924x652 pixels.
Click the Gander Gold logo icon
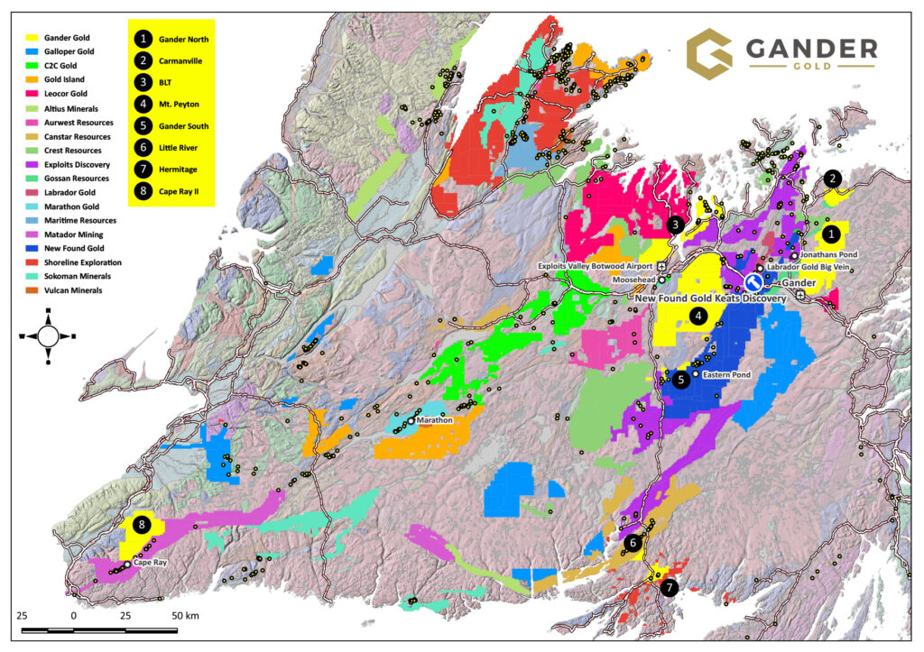click(x=709, y=53)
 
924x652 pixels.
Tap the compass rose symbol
click(x=48, y=335)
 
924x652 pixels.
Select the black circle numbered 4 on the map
click(x=698, y=316)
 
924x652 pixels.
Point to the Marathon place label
click(x=434, y=420)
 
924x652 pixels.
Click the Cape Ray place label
click(x=150, y=563)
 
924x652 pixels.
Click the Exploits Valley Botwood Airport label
click(x=596, y=267)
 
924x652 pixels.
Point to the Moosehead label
click(x=633, y=280)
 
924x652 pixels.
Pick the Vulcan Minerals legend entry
click(x=86, y=290)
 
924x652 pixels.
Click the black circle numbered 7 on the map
click(x=669, y=588)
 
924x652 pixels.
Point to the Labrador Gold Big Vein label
click(x=811, y=268)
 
